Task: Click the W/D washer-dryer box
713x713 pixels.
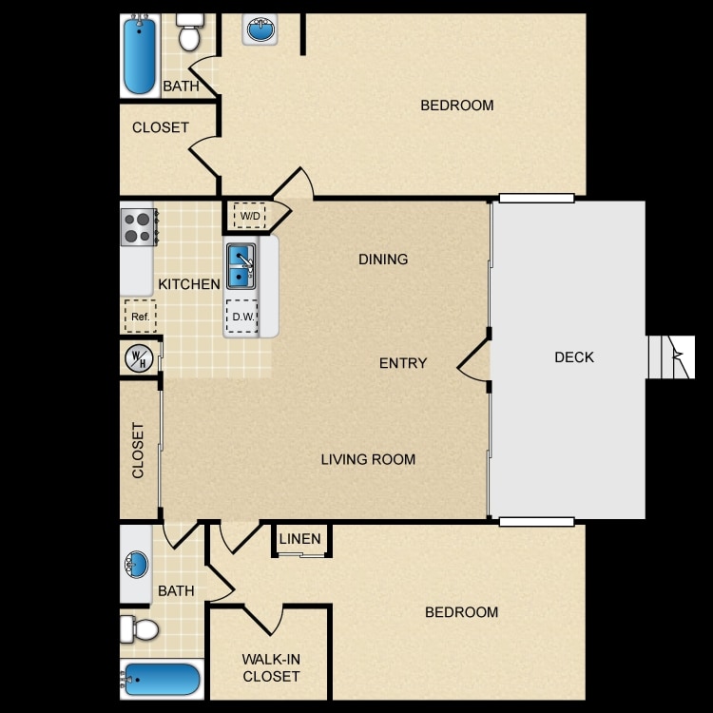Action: [249, 216]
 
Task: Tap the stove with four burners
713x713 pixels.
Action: [139, 227]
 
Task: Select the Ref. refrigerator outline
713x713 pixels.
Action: [141, 316]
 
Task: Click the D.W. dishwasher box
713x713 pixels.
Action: [241, 317]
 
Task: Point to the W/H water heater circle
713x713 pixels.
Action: [139, 357]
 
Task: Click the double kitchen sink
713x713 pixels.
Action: [241, 266]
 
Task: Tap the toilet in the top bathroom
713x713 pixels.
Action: [189, 31]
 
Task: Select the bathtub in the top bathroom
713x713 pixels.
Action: [140, 55]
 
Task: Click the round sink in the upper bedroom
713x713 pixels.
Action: [260, 29]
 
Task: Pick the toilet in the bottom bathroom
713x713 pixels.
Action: [140, 629]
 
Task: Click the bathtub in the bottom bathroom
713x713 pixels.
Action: [162, 680]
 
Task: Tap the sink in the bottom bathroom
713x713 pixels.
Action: [136, 565]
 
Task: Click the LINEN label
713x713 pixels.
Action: [300, 539]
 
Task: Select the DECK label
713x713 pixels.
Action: [574, 357]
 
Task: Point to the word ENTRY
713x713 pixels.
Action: [403, 363]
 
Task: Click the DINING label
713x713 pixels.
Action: [383, 260]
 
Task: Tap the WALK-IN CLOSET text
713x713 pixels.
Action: [271, 667]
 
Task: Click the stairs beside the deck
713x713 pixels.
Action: [671, 356]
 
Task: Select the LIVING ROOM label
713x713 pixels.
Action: [368, 459]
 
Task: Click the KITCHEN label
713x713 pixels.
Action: [189, 284]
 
